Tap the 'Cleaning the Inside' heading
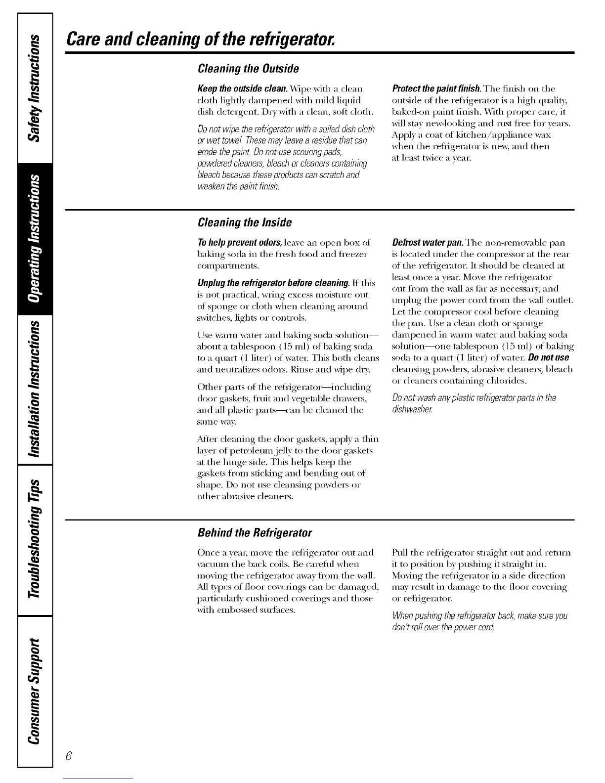click(x=244, y=223)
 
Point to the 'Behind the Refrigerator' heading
click(x=255, y=533)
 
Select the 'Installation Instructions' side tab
click(x=35, y=391)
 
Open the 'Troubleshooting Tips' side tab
click(x=35, y=539)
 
